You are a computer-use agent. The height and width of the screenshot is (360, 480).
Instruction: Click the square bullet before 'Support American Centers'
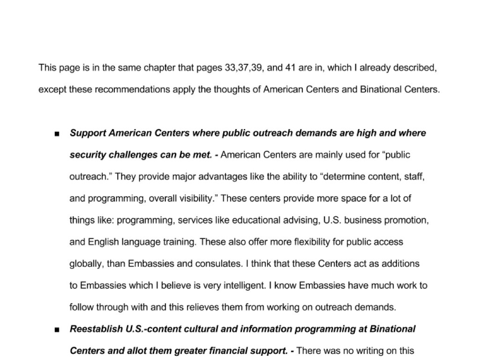tap(57, 134)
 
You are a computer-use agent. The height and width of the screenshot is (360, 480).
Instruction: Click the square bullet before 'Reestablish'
tap(57, 330)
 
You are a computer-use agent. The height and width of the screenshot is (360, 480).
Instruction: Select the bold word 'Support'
tap(88, 133)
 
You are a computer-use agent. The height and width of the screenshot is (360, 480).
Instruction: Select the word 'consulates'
tap(219, 263)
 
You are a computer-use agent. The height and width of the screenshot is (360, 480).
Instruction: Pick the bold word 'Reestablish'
tap(97, 329)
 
